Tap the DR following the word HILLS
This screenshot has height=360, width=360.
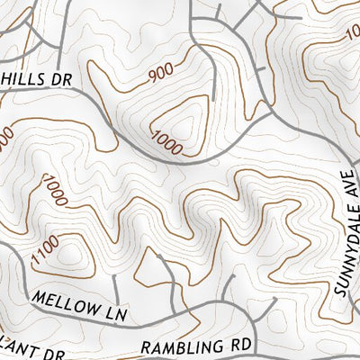coord(61,79)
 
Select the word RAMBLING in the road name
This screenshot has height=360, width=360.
coord(184,347)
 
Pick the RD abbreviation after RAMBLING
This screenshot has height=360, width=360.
coord(242,345)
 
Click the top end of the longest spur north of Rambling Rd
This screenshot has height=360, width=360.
coord(159,256)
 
